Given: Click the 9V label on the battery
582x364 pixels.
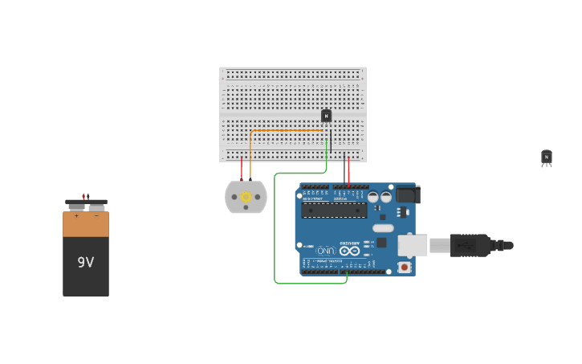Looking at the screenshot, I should pos(86,262).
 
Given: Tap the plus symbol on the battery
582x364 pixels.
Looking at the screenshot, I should pos(76,215).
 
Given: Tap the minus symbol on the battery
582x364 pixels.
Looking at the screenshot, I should pos(96,215).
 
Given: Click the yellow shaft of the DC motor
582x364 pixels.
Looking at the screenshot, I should pos(246,197).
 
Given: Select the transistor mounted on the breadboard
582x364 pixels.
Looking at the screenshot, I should pos(326,116).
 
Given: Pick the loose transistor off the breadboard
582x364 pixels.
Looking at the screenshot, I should pos(546,157).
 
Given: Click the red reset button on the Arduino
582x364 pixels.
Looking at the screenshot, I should pos(404,267).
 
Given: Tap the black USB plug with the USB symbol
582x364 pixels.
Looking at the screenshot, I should pos(470,245).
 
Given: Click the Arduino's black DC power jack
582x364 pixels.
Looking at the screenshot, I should pos(407,194).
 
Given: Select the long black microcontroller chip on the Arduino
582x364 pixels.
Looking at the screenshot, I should pos(334,211).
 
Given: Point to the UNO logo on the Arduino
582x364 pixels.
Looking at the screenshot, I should pos(326,251).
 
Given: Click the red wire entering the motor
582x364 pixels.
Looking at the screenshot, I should pos(242,169).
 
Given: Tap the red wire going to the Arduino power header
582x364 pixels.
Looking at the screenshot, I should pos(348,170).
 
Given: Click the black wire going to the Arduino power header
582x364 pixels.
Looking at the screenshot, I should pos(344,170).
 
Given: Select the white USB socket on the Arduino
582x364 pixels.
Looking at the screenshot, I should pos(412,246).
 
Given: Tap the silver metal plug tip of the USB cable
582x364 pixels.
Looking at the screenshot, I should pos(439,245).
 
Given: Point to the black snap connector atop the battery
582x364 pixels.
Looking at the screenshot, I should pos(86,202).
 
